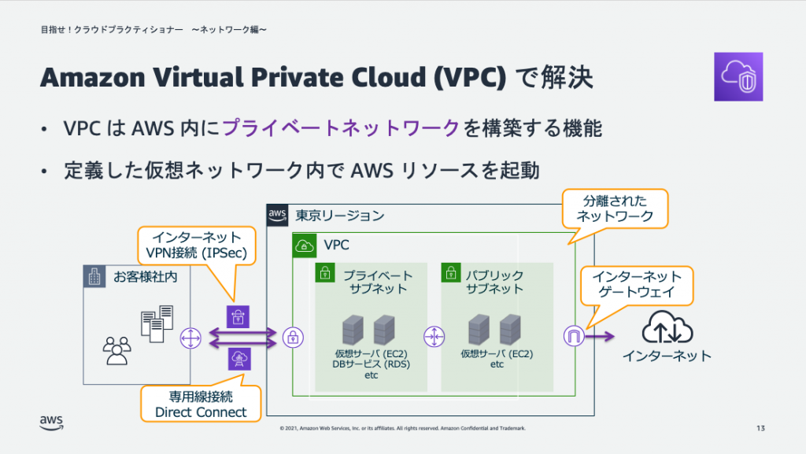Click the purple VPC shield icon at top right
pyautogui.click(x=738, y=77)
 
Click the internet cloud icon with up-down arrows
pyautogui.click(x=667, y=328)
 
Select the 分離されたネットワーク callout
pyautogui.click(x=615, y=208)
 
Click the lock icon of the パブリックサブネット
pyautogui.click(x=451, y=273)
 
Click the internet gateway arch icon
pyautogui.click(x=571, y=337)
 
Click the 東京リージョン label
pyautogui.click(x=340, y=215)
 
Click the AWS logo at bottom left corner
pyautogui.click(x=51, y=423)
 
